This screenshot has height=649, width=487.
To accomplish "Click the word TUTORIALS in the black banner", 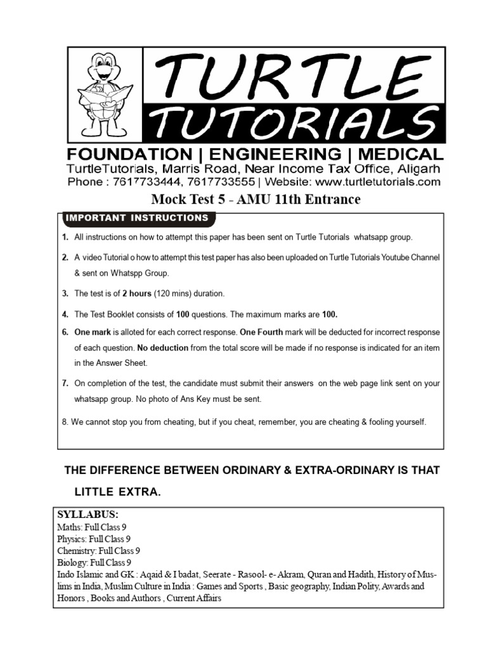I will pos(292,121).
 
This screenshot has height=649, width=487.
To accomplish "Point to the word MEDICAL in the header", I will pos(400,155).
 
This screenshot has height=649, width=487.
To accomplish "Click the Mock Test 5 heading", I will pos(256,200).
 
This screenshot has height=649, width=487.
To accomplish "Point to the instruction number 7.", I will pos(65,384).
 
